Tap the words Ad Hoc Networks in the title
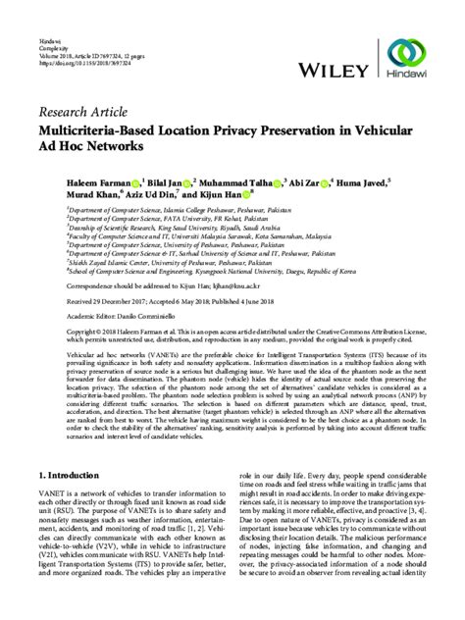[93, 143]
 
